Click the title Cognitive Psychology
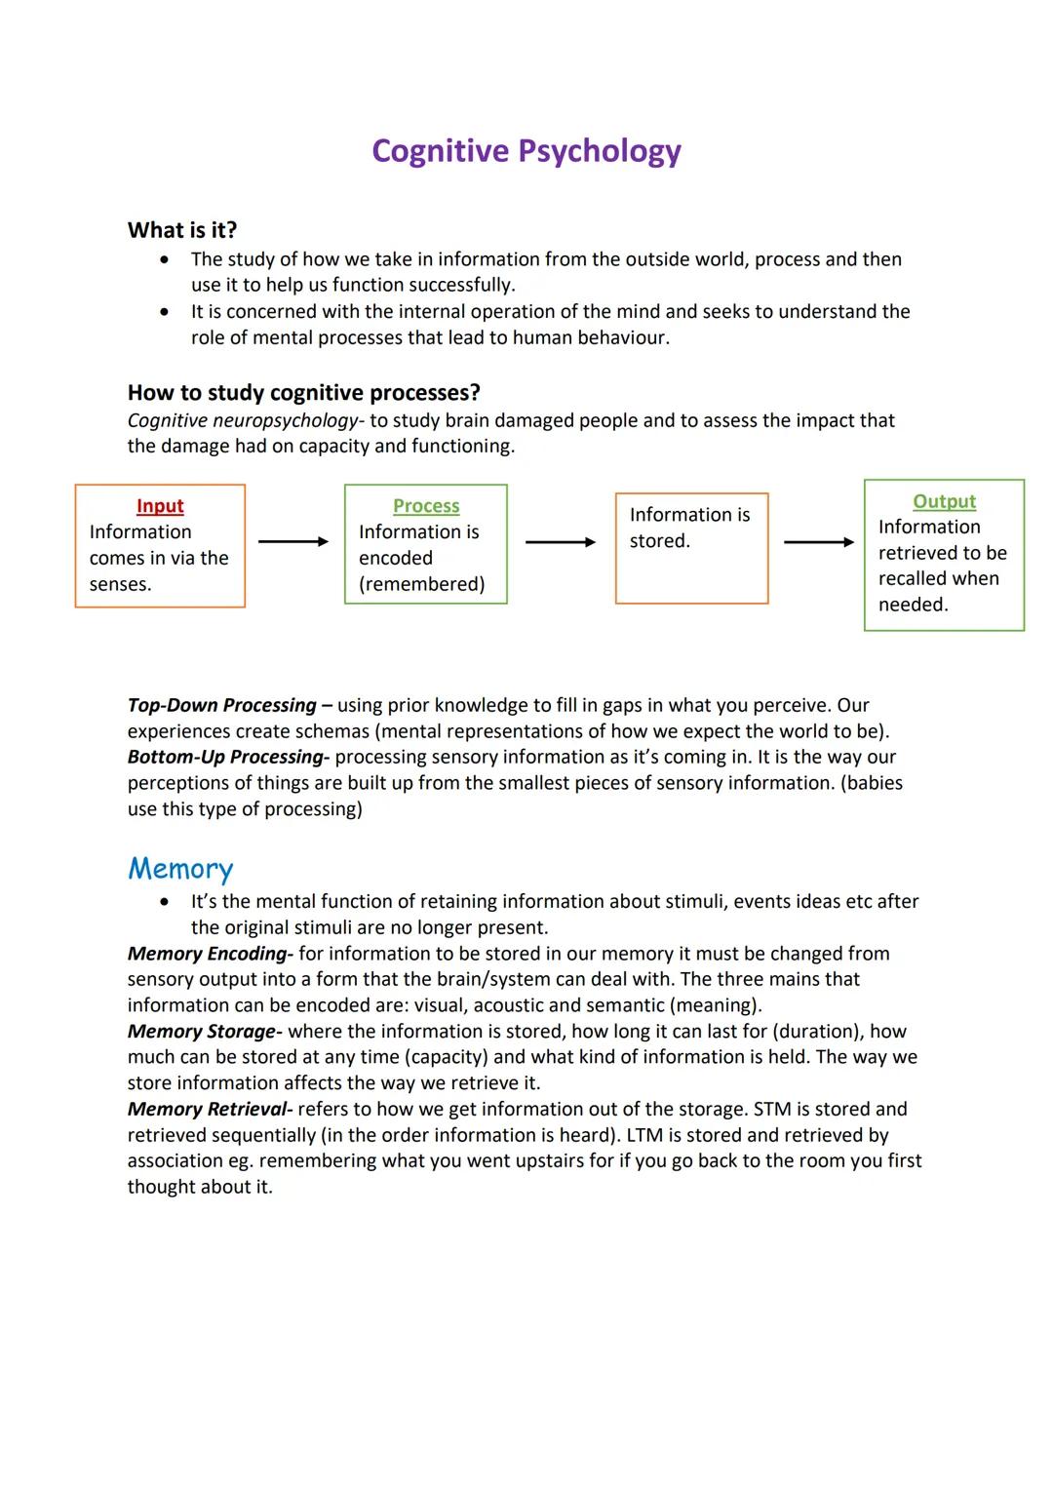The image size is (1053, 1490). click(x=526, y=151)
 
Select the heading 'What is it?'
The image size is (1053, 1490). click(x=182, y=230)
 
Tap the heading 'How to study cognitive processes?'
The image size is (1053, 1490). click(x=303, y=393)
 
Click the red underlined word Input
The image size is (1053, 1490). click(x=160, y=506)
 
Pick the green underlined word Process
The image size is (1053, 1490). click(x=426, y=506)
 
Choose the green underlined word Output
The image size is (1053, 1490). click(x=944, y=501)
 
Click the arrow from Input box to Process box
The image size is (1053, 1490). click(x=293, y=542)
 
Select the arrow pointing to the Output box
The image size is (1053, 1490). click(x=819, y=542)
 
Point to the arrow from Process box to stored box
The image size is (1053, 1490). click(x=561, y=542)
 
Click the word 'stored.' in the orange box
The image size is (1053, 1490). click(x=659, y=541)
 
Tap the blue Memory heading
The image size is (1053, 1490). click(x=180, y=869)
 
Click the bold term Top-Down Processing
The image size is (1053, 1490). click(x=222, y=705)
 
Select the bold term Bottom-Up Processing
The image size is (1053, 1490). click(x=225, y=757)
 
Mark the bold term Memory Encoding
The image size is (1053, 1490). click(x=208, y=954)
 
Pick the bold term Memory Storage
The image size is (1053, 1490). click(x=202, y=1032)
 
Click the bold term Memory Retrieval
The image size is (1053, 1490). click(x=209, y=1110)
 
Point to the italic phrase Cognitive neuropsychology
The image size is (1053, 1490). click(x=243, y=420)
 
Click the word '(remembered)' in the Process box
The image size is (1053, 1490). click(x=421, y=584)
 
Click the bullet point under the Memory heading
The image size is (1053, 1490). click(x=166, y=902)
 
